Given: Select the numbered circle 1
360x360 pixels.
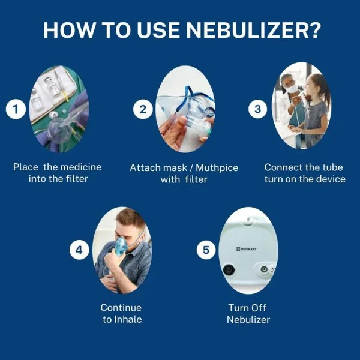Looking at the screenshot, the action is point(16,109).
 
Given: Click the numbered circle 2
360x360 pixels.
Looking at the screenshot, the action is point(143,109).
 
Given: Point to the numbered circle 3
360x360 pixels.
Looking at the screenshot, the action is point(257,109).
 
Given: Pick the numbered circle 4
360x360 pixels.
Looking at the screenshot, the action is point(79,250).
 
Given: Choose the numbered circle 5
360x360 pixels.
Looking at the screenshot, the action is point(206,250).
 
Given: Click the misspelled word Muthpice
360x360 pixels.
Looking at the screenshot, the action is point(217,168).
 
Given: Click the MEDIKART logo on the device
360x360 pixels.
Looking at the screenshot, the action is point(247,249).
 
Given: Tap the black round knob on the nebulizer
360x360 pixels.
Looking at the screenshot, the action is point(229,270).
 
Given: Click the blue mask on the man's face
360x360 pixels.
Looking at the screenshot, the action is point(121,247).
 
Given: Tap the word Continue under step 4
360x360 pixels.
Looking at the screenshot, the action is point(121,308).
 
